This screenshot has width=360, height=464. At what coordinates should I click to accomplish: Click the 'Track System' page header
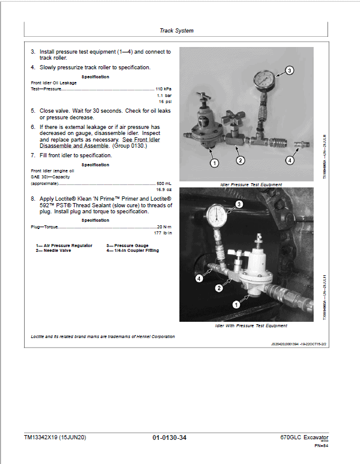pos(176,30)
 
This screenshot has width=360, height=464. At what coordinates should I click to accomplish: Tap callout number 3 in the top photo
pos(289,71)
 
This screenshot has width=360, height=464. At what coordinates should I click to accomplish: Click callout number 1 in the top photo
pos(214,162)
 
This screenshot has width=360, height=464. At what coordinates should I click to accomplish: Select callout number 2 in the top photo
pos(240,160)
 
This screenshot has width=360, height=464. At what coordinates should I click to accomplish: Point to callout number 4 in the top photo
pos(289,160)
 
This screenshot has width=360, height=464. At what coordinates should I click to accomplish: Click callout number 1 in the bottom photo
pos(236,305)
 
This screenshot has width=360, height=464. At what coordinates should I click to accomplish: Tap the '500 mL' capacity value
pos(163,183)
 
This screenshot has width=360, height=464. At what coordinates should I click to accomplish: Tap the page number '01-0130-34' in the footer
pos(170,437)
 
